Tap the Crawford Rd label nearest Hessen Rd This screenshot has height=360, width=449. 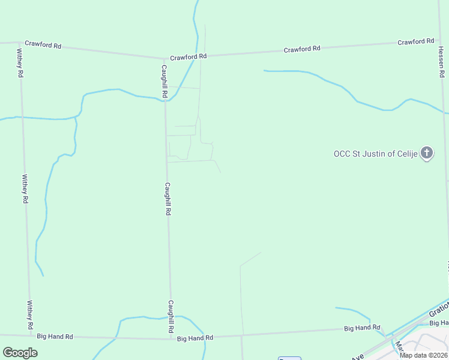click(415, 42)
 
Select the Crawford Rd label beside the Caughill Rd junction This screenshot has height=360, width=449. click(188, 57)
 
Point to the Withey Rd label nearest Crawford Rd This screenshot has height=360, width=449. click(20, 63)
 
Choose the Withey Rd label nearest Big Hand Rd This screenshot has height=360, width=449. click(29, 315)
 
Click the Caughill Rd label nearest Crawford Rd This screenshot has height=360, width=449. click(163, 82)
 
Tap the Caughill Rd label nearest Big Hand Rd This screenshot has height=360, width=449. click(170, 317)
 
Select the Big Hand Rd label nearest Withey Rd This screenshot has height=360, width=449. click(55, 337)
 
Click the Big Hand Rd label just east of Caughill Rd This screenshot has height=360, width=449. click(195, 338)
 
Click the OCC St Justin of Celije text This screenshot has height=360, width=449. click(375, 154)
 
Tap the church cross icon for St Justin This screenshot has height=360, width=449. click(427, 153)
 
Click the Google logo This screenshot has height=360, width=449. click(20, 353)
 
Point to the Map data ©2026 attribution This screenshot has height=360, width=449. click(423, 355)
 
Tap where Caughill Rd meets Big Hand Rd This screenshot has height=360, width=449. click(170, 338)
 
